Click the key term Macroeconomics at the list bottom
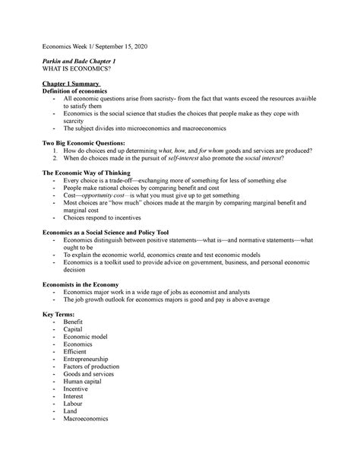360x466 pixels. point(86,418)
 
